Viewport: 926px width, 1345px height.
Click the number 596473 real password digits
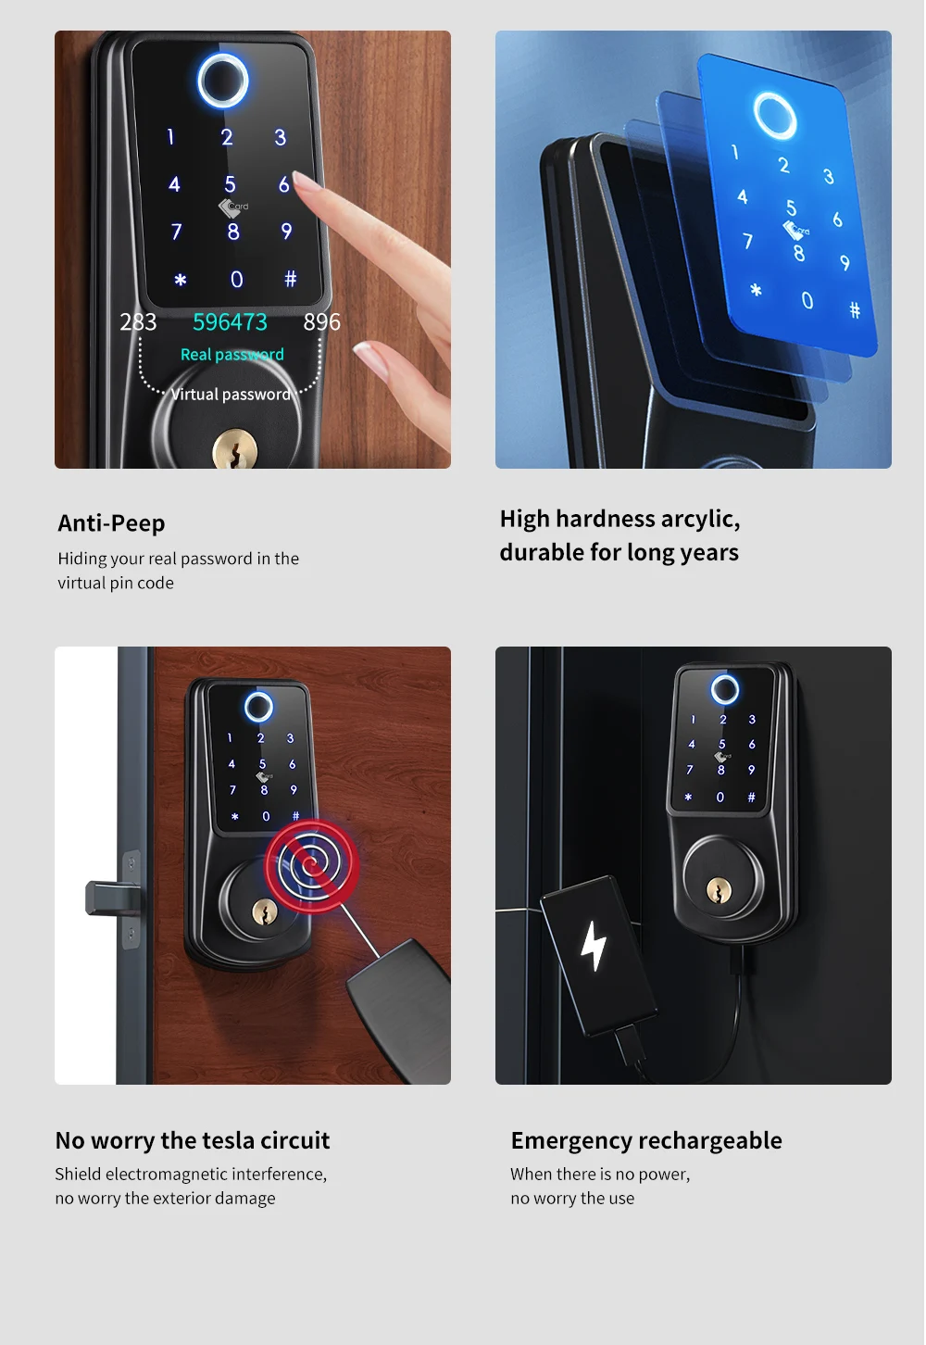pyautogui.click(x=230, y=322)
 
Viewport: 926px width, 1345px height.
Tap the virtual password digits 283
pyautogui.click(x=138, y=322)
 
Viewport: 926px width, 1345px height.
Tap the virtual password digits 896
pyautogui.click(x=322, y=322)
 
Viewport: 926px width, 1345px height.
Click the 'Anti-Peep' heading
pyautogui.click(x=111, y=523)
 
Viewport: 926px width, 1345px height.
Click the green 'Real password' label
pyautogui.click(x=231, y=355)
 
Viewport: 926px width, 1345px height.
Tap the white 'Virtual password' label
pyautogui.click(x=231, y=395)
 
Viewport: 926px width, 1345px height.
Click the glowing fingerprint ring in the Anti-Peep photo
pyautogui.click(x=223, y=81)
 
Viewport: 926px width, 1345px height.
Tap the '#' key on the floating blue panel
pyautogui.click(x=855, y=310)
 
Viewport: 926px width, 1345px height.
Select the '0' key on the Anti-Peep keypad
pyautogui.click(x=237, y=279)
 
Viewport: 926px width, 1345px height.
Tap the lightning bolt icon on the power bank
pyautogui.click(x=593, y=946)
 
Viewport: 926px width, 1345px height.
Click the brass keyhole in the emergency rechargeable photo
pyautogui.click(x=719, y=890)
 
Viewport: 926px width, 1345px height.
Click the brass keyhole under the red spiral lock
pyautogui.click(x=265, y=912)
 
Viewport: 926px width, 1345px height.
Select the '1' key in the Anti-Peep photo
pyautogui.click(x=170, y=137)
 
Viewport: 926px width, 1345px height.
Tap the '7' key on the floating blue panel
pyautogui.click(x=747, y=241)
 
